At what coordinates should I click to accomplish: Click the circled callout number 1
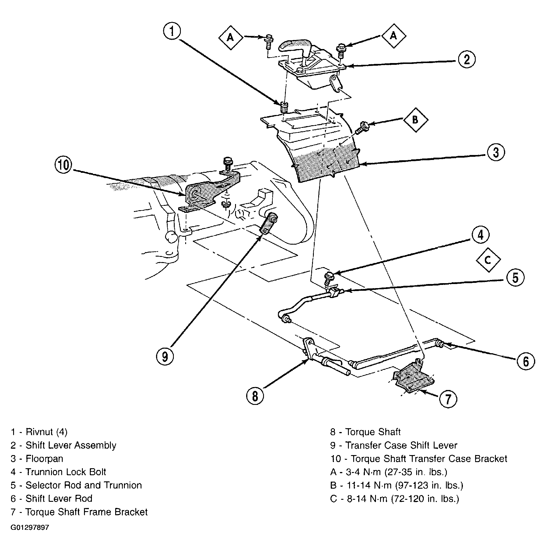172,32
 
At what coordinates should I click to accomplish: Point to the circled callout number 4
481,235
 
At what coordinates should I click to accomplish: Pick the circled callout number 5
515,277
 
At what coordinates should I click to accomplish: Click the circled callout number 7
448,399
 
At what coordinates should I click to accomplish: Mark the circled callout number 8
255,396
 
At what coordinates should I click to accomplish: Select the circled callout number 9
165,356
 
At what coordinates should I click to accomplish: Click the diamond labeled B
416,120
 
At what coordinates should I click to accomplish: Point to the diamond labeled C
488,260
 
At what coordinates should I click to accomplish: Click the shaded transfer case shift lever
268,224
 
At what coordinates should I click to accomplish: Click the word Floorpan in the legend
44,459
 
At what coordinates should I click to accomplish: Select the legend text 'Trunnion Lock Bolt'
66,472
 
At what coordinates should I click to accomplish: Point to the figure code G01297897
30,527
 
